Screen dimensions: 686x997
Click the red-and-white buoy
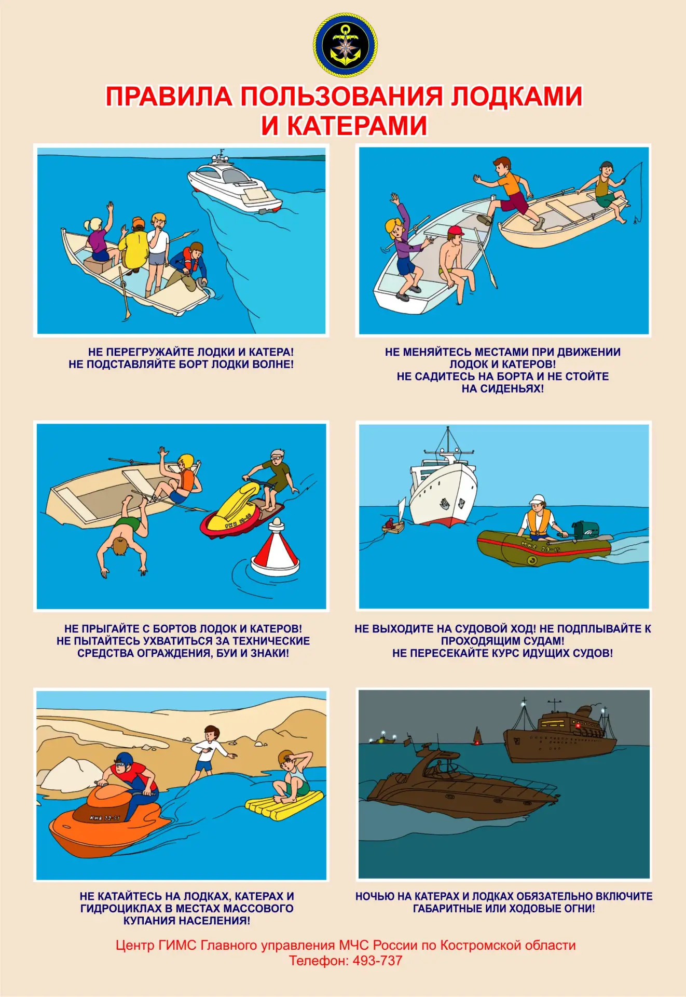(275, 547)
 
